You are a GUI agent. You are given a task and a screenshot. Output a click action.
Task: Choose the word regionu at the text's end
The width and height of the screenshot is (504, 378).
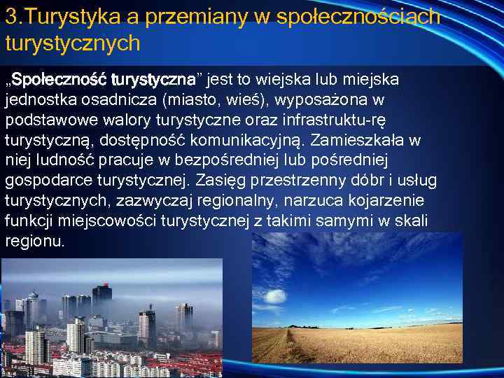(x=34, y=241)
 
